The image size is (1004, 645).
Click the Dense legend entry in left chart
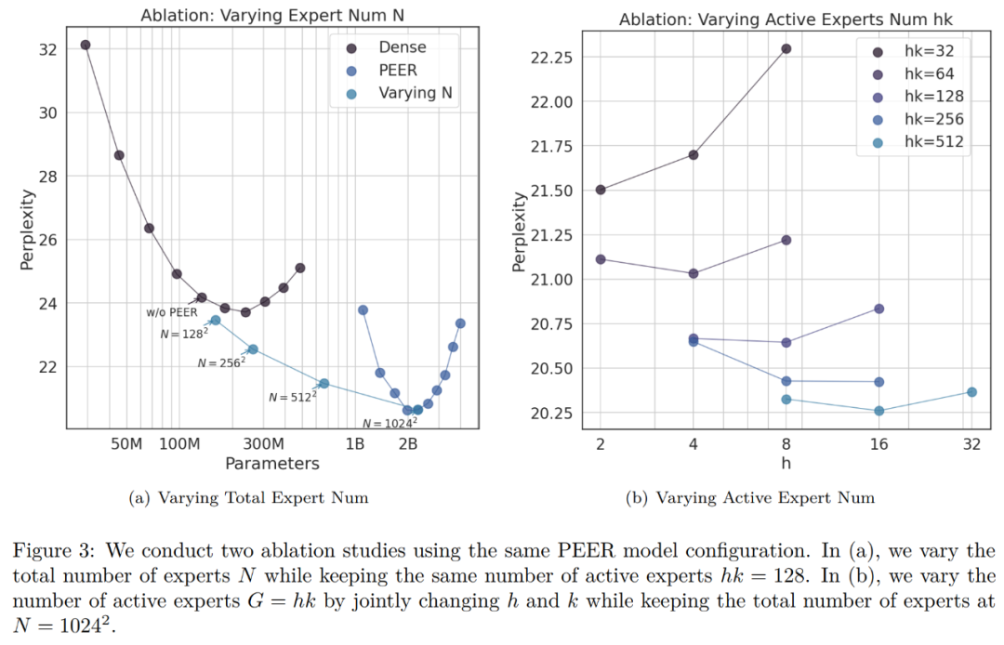coord(391,46)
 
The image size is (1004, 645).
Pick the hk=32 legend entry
coord(926,49)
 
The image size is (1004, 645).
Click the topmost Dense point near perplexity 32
coord(86,45)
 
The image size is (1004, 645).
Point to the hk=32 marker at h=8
coord(786,48)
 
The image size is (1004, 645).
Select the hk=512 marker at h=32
coord(971,392)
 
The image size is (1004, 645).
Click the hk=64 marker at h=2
coord(601,259)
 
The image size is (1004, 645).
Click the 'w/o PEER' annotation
coord(171,312)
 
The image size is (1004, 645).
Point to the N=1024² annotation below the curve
coord(383,423)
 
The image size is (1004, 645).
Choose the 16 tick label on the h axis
coord(878,444)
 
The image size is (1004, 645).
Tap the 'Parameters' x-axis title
coord(271,463)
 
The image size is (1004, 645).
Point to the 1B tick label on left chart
coord(354,443)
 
